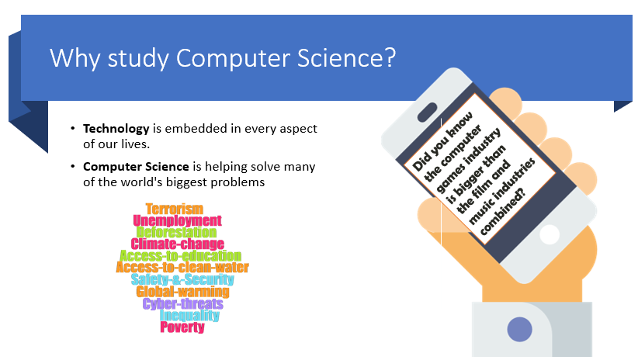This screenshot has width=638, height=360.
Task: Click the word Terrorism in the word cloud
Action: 174,209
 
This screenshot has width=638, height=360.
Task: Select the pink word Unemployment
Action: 177,221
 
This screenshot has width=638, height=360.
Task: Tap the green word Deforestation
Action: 176,232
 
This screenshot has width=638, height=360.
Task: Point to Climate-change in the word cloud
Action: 177,244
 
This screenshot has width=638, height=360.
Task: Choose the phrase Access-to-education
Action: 180,256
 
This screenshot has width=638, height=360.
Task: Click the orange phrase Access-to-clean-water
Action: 182,268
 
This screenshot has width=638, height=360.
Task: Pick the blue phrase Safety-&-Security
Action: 182,279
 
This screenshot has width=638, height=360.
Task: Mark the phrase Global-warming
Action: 182,292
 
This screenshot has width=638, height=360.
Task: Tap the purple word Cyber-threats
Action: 182,303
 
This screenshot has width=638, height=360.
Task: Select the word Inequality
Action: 189,315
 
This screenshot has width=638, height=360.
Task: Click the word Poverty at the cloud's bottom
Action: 182,327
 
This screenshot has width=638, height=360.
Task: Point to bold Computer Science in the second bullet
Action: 136,166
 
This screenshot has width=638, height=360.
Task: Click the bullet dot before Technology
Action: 73,128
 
